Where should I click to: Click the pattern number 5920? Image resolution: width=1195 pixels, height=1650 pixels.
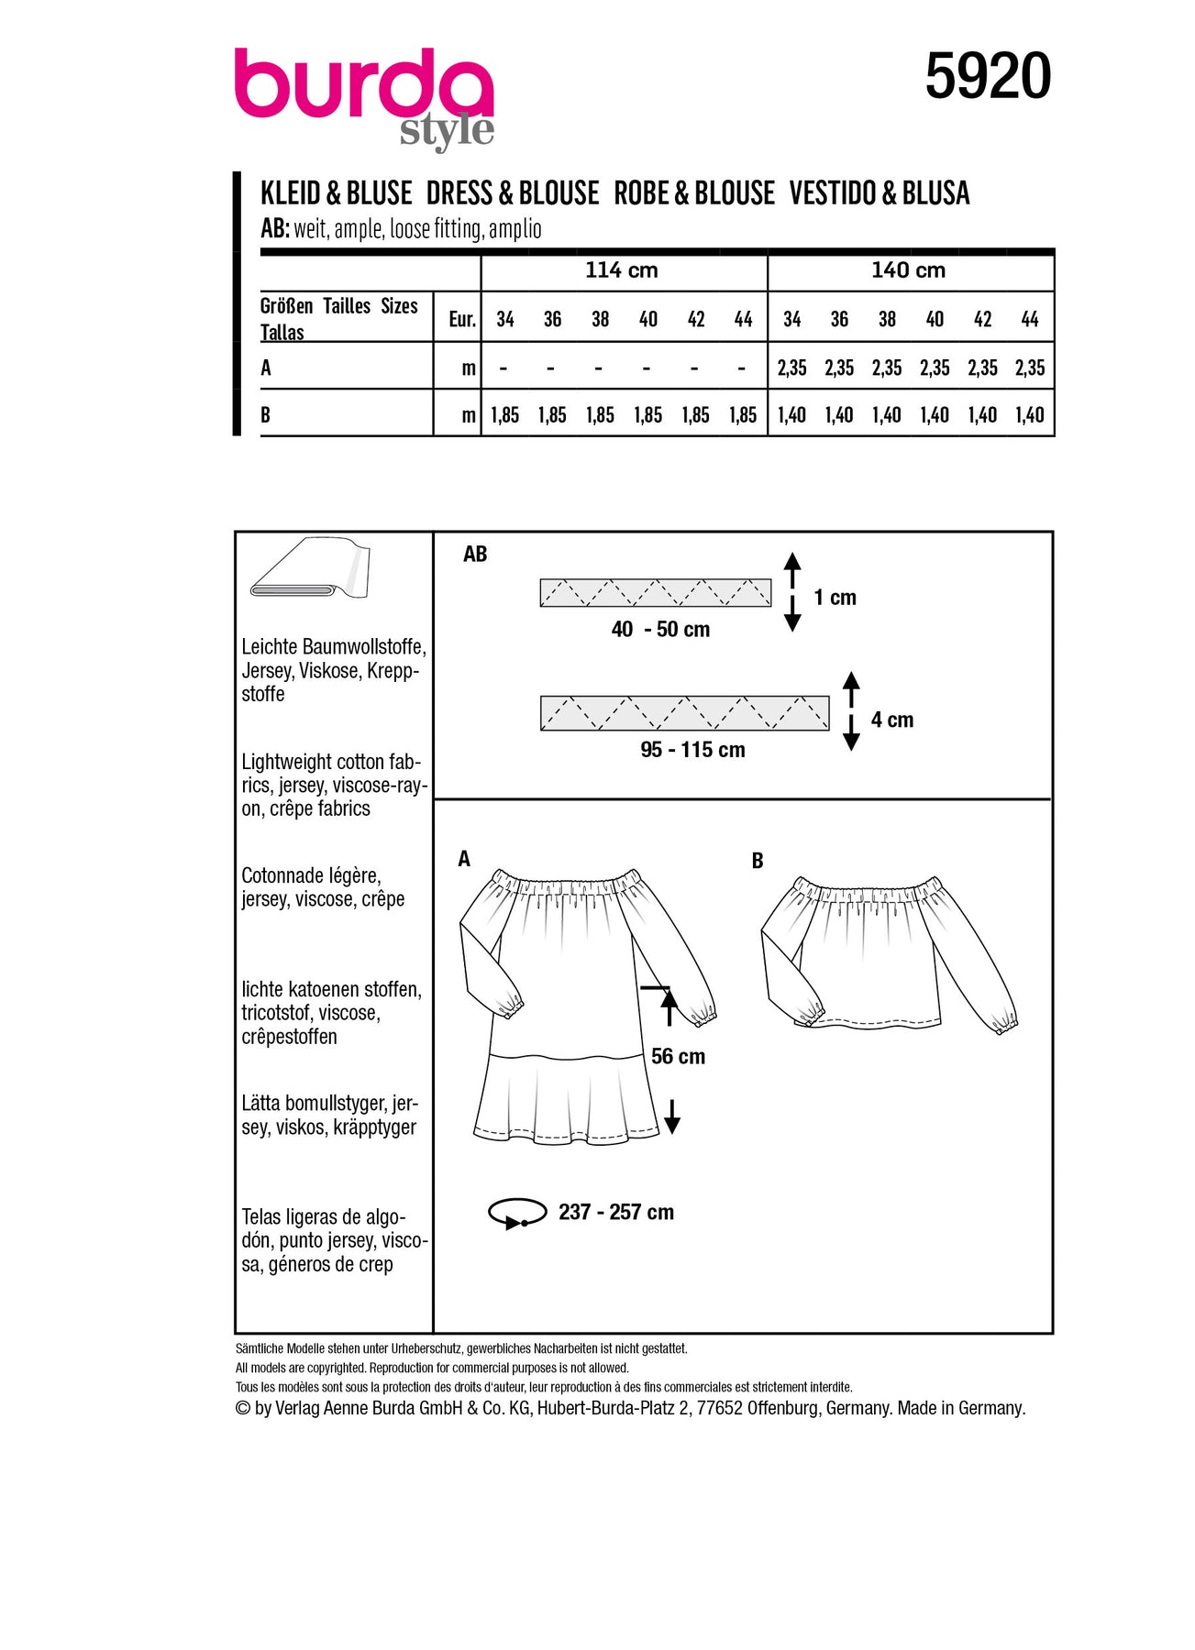tap(988, 76)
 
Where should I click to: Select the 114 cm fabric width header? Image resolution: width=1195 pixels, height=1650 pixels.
tap(622, 270)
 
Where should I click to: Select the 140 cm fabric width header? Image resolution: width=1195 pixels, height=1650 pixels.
tap(908, 270)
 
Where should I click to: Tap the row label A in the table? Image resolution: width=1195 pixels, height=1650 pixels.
tap(266, 368)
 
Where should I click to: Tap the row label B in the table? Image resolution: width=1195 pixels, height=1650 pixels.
tap(265, 415)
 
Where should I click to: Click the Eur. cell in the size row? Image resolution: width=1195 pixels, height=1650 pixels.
tap(461, 319)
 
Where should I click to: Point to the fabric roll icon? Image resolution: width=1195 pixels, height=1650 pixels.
tap(309, 566)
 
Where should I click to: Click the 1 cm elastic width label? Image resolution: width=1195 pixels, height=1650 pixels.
tap(835, 598)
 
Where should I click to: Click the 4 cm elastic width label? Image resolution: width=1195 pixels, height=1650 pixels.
tap(891, 720)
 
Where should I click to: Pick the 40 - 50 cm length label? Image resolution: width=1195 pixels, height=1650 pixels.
tap(660, 630)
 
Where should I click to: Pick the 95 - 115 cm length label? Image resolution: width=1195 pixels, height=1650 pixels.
tap(692, 750)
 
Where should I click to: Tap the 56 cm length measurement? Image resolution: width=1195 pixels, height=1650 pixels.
tap(678, 1057)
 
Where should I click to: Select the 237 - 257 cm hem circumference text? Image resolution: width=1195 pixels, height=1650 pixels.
tap(615, 1212)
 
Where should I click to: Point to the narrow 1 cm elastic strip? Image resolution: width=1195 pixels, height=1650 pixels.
tap(655, 593)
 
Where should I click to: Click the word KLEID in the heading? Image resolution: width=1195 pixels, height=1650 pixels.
tap(289, 193)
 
